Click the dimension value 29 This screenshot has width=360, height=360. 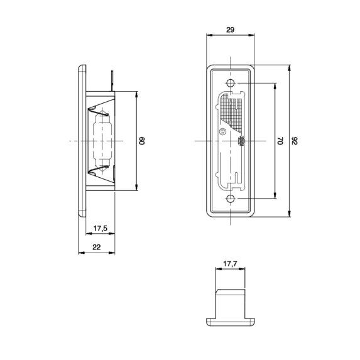(231, 30)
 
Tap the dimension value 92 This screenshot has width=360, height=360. (295, 141)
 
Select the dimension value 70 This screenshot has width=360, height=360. (281, 141)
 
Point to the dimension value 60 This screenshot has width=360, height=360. (141, 141)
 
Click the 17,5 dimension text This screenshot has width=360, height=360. (101, 228)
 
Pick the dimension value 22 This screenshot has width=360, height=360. (97, 248)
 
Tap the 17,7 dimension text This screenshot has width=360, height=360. (230, 264)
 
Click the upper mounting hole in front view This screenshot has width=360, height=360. (231, 83)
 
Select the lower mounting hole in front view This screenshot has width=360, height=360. (231, 199)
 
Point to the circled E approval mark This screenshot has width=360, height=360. (222, 131)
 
